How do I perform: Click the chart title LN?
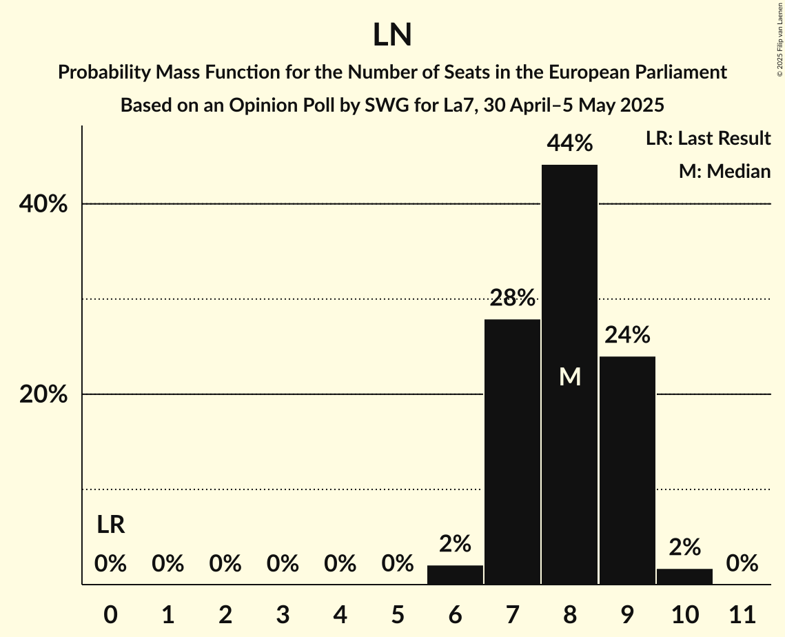click(392, 35)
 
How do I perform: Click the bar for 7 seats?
click(512, 452)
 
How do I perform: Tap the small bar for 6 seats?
click(455, 575)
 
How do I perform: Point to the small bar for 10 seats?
click(684, 577)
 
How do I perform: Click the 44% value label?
click(569, 143)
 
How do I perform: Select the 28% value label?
click(512, 298)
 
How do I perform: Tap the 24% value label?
click(627, 335)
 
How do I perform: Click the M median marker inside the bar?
click(570, 376)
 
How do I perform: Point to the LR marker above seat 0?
click(110, 525)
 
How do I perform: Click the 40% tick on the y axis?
click(42, 205)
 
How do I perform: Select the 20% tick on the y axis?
click(42, 395)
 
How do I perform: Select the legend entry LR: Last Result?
click(708, 139)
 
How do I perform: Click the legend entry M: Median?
click(724, 171)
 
